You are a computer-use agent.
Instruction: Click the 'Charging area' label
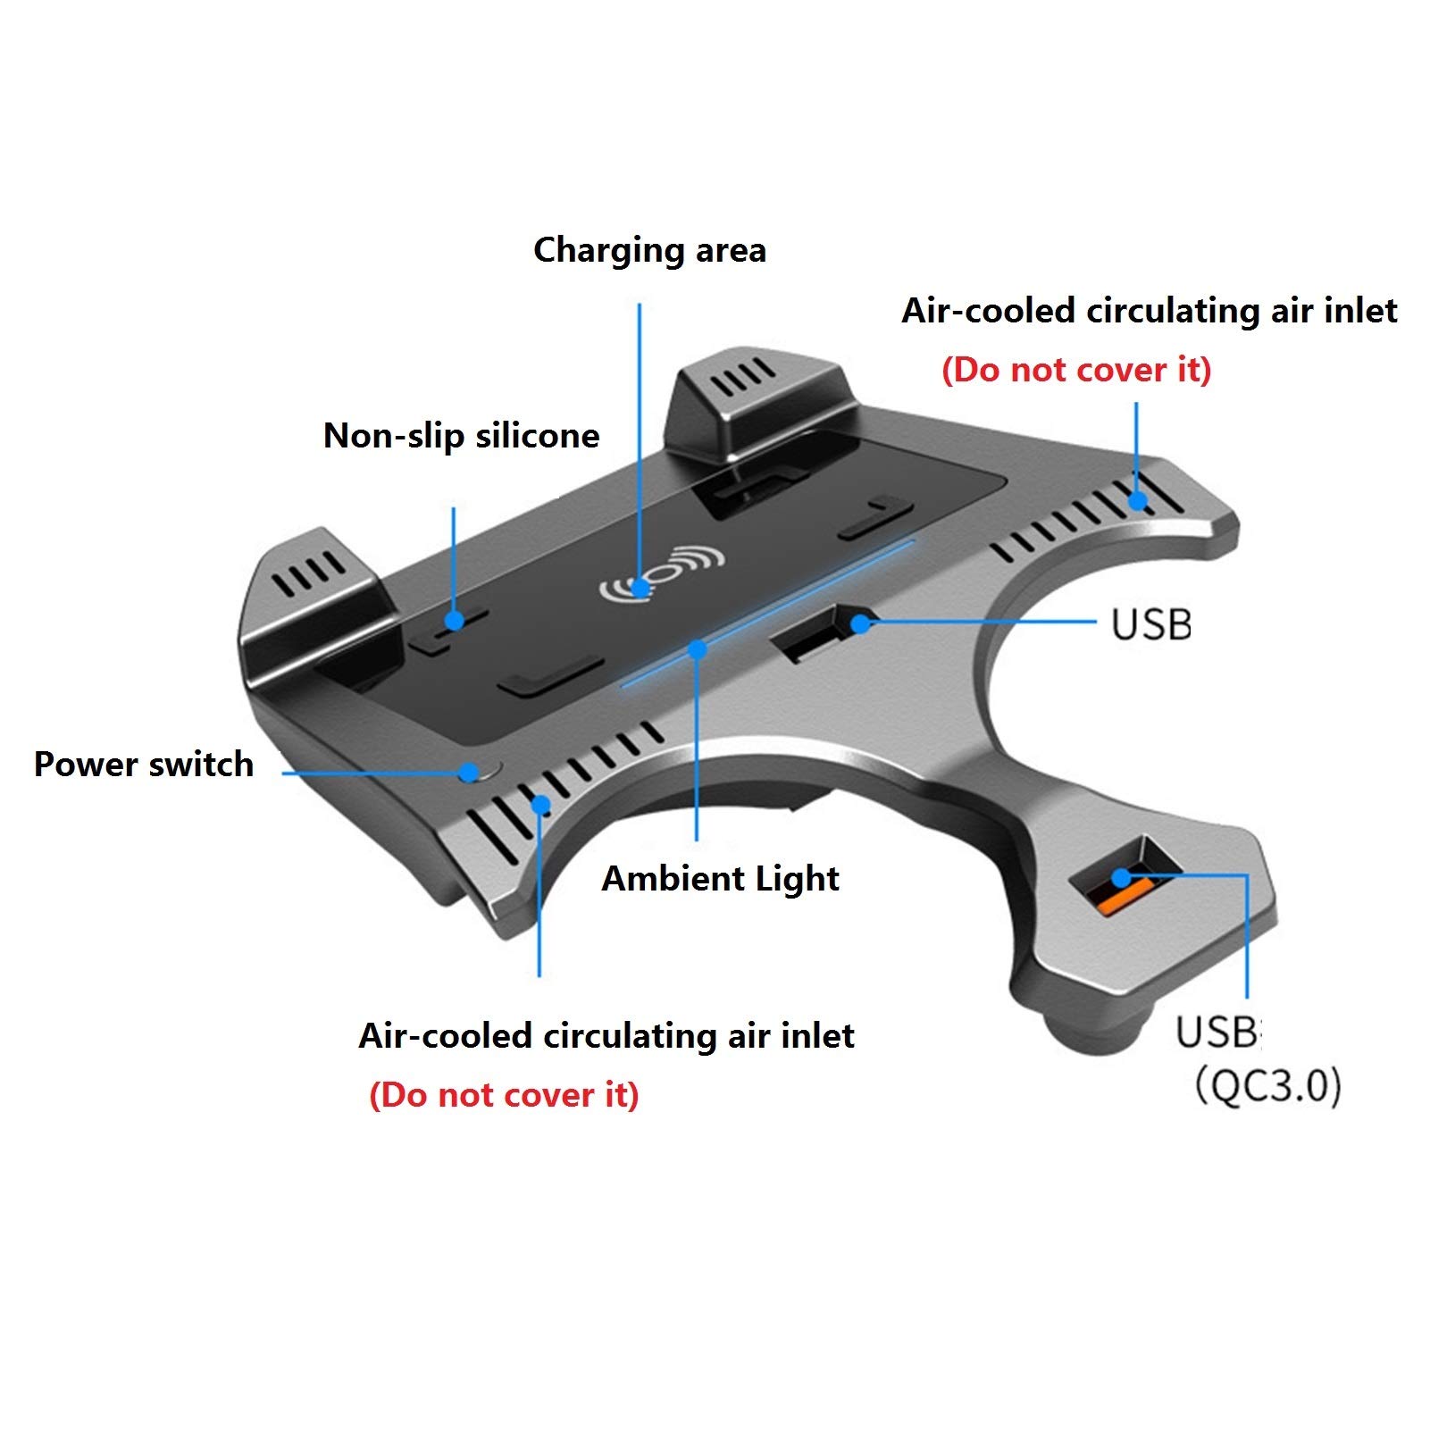tap(649, 251)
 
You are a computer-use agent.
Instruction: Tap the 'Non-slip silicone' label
tap(461, 436)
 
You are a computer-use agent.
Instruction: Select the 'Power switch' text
tap(144, 765)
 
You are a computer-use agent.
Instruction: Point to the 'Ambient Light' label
tap(720, 879)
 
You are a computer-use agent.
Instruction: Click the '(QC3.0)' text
tap(1268, 1087)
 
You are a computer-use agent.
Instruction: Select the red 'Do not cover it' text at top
tap(1076, 370)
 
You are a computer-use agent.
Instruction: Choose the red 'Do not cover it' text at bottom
tap(504, 1095)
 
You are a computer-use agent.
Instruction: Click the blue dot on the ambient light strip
tap(698, 649)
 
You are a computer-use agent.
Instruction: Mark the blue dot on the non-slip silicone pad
tap(455, 620)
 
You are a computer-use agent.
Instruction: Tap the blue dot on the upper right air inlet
tap(1136, 500)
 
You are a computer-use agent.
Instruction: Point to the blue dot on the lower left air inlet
tap(540, 805)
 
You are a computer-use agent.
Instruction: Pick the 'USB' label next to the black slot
tap(1151, 624)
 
